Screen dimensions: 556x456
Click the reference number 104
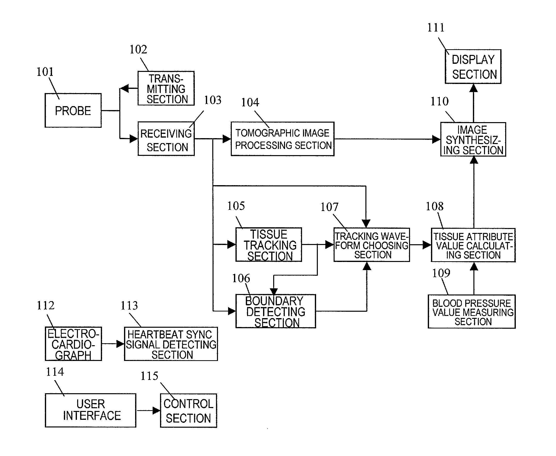[x=250, y=102]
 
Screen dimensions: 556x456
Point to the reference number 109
[x=441, y=273]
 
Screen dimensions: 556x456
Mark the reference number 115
[x=149, y=376]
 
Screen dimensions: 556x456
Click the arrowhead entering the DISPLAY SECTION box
[x=474, y=88]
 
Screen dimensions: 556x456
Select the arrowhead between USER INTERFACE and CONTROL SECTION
[x=157, y=410]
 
